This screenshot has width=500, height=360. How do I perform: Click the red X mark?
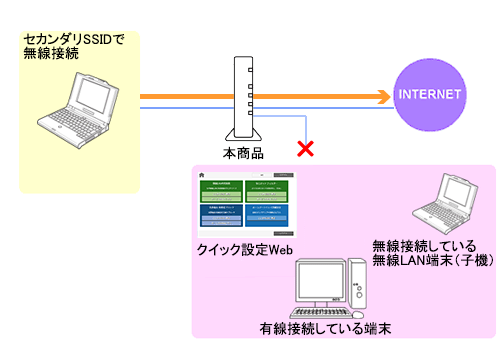click(305, 149)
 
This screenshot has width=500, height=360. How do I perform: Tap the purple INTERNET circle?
click(430, 96)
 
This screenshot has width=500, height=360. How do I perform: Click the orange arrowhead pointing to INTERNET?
click(382, 97)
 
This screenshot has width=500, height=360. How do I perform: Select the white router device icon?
click(240, 99)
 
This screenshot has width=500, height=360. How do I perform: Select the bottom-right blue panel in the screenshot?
click(271, 215)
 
